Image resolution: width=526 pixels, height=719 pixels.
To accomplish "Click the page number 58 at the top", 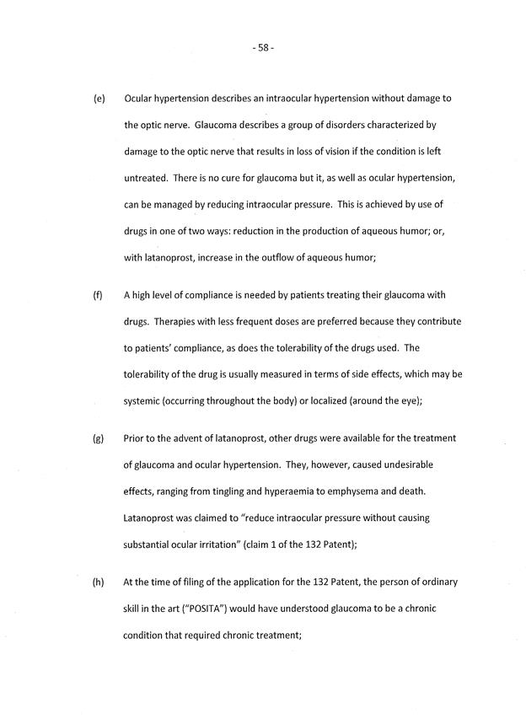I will tap(263, 48).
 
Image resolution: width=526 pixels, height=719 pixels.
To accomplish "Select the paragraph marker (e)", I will tap(99, 99).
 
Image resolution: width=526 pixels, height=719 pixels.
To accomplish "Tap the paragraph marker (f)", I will tap(98, 294).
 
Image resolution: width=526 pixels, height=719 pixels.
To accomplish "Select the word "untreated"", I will tap(148, 177).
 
